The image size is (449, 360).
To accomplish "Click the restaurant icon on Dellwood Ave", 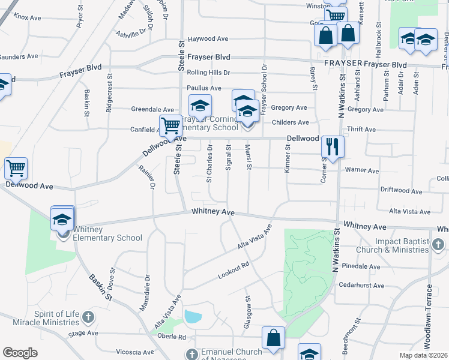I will pos(332,146).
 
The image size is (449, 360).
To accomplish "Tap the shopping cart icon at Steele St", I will pos(170,126).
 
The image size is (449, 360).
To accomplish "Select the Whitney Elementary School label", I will pos(107,233).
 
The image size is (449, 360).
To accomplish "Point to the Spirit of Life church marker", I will pos(88,316).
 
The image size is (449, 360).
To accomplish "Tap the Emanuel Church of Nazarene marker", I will pos(191,354).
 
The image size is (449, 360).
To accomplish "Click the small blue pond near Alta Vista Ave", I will pos(193,316).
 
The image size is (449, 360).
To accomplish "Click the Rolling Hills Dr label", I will pos(208,73).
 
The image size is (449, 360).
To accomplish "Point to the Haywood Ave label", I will pos(208,39).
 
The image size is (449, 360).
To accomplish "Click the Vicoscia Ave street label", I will pos(137,351).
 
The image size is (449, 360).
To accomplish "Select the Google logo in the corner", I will pos(20,353).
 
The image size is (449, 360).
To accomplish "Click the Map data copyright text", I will pos(423,355).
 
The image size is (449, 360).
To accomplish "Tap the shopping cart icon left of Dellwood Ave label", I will pos(16,168).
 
